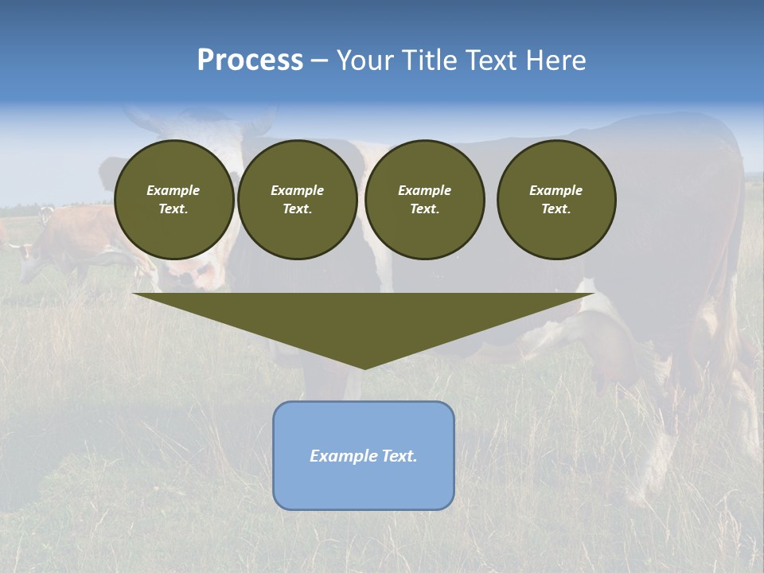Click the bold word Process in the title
[250, 60]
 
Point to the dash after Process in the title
[319, 61]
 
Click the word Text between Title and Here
[493, 60]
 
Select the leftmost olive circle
[173, 200]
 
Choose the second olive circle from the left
[297, 200]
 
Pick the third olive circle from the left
[424, 200]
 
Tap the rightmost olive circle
[555, 200]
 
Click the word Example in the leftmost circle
[173, 190]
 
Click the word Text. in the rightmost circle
[555, 209]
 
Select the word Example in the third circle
[424, 190]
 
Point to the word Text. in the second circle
[297, 209]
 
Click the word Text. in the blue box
[398, 456]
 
